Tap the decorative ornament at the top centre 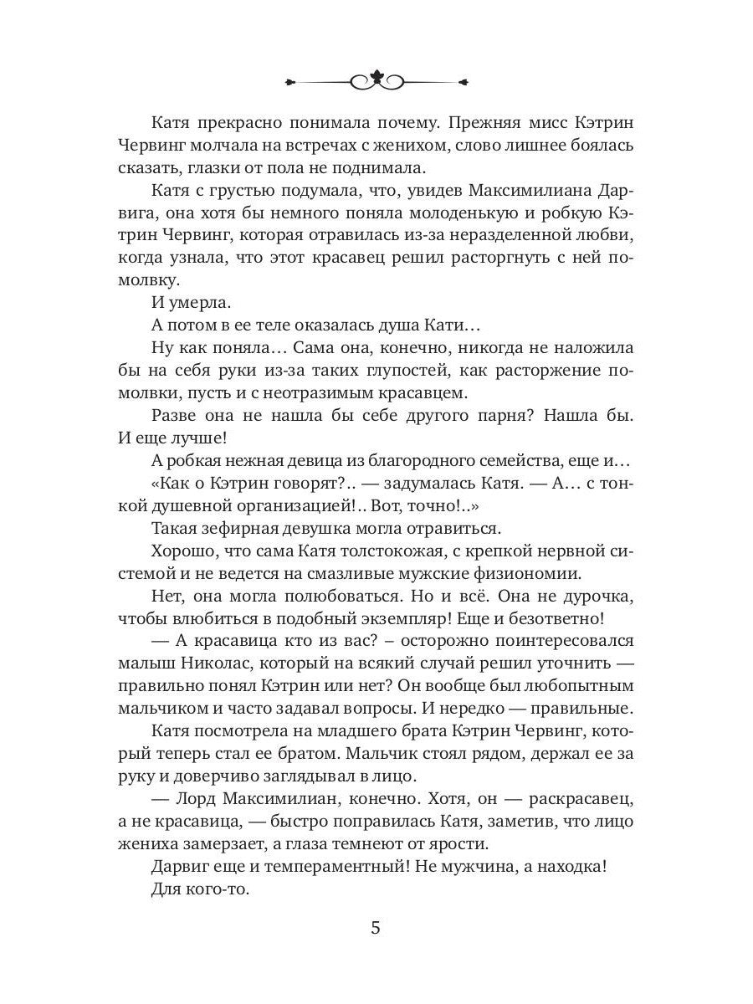[x=376, y=81]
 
